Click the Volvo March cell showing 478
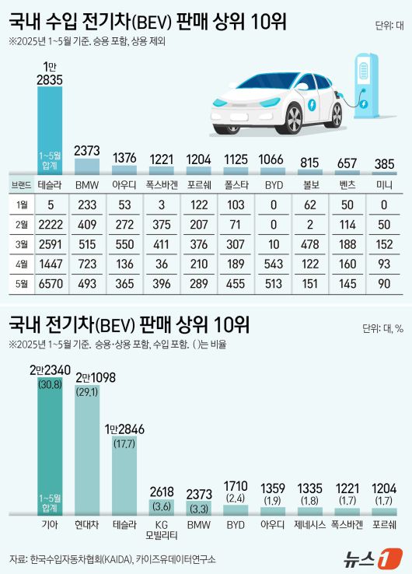click(309, 245)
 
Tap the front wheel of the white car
click(293, 118)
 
